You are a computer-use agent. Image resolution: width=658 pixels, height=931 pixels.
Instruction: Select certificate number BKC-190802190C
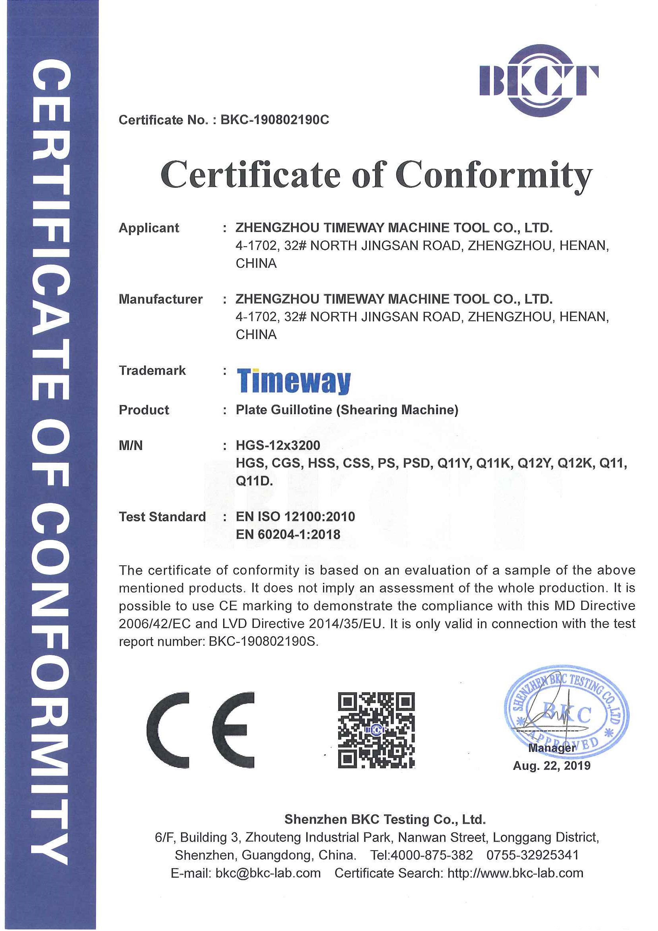pos(274,120)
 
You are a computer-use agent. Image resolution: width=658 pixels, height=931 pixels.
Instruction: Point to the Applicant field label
pos(149,228)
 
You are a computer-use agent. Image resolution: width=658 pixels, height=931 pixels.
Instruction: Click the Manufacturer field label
pos(161,299)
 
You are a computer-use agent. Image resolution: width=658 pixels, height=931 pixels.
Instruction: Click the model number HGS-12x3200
pos(278,445)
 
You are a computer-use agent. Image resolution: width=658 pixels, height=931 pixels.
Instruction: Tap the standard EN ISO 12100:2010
pos(295,516)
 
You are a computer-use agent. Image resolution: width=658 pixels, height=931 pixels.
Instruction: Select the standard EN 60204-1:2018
pos(288,534)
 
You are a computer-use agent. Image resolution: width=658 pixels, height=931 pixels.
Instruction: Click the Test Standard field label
pos(162,516)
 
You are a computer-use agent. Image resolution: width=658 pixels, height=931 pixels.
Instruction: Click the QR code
pos(376,730)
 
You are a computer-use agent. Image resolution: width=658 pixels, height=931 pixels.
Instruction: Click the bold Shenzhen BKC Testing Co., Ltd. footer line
pos(385,820)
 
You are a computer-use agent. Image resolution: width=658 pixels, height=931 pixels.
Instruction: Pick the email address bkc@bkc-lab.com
pos(268,873)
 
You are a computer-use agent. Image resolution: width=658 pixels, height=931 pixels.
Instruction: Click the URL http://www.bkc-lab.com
pos(515,873)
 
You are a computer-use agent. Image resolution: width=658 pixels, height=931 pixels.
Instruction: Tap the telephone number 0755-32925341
pos(532,855)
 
